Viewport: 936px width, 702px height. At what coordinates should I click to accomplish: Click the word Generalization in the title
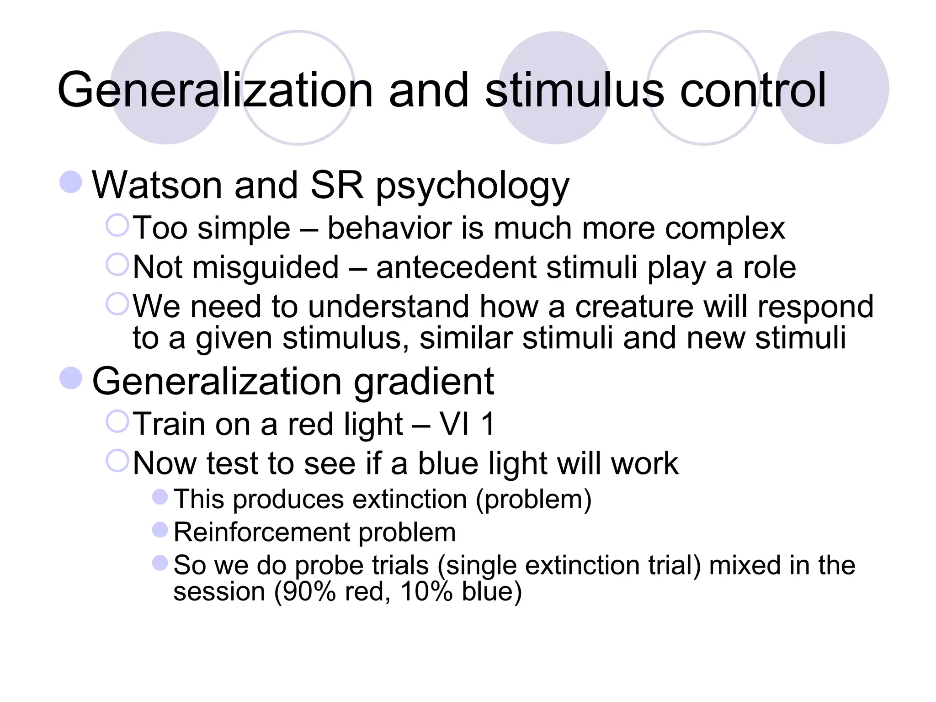pyautogui.click(x=215, y=90)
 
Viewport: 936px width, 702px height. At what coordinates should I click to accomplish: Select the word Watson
pyautogui.click(x=157, y=185)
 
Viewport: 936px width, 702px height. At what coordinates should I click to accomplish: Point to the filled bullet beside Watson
pyautogui.click(x=71, y=182)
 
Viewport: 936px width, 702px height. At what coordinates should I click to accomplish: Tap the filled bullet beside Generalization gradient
pyautogui.click(x=71, y=378)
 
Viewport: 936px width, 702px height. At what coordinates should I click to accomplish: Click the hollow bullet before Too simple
pyautogui.click(x=117, y=225)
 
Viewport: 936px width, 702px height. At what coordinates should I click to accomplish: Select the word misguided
pyautogui.click(x=266, y=268)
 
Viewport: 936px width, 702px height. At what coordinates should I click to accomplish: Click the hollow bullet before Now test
pyautogui.click(x=117, y=461)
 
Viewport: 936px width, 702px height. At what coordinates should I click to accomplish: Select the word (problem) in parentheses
pyautogui.click(x=534, y=499)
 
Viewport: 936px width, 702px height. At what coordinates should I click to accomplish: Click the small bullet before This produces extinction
pyautogui.click(x=160, y=497)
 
